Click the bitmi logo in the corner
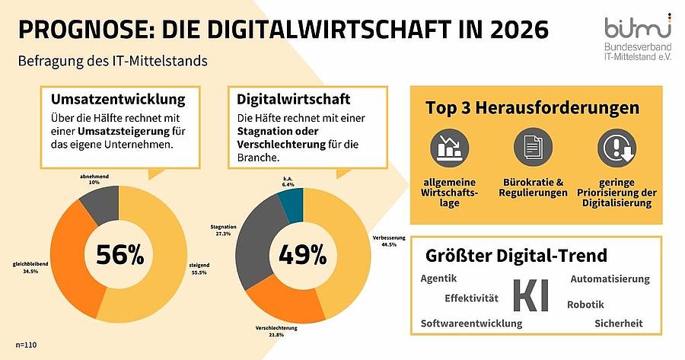point(637,37)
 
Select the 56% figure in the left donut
point(119,254)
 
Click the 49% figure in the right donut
point(302,254)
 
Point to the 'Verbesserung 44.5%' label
point(389,241)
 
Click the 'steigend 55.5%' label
point(199,269)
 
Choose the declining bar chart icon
point(449,148)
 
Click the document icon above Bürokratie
point(533,147)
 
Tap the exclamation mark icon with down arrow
point(616,148)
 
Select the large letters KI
point(530,296)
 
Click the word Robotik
point(585,304)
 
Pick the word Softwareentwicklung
point(471,323)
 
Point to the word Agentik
point(438,279)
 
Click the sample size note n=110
point(26,345)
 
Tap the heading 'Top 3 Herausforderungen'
point(533,107)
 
